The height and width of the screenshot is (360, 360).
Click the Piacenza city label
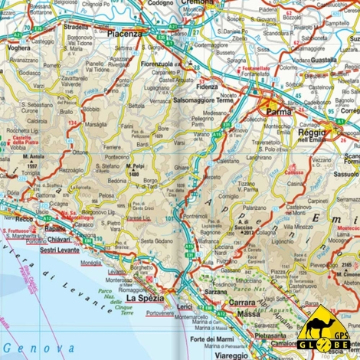(125, 34)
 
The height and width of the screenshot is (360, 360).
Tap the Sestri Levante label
(59, 250)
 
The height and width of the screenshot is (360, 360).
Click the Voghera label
(18, 47)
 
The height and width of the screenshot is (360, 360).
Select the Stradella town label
(77, 25)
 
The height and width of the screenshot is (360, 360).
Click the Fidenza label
(208, 87)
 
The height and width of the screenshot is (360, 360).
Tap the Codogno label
(160, 3)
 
